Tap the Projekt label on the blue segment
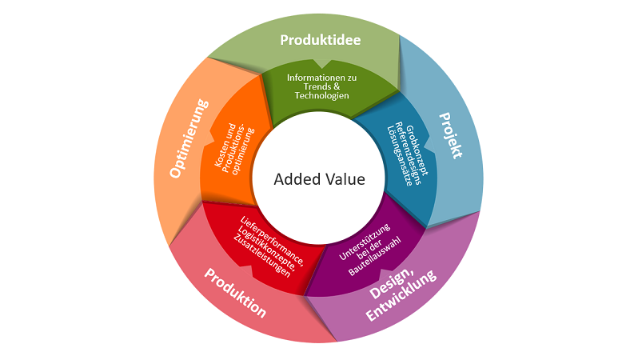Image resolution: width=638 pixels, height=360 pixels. pos(449,135)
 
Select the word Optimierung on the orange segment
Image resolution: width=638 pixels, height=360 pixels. pos(185,138)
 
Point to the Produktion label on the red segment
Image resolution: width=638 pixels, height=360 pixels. pos(234,293)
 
